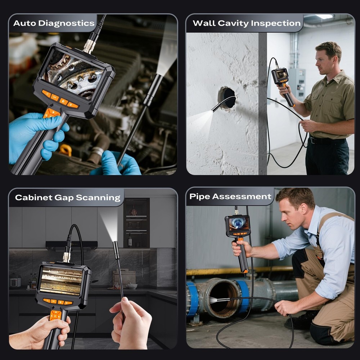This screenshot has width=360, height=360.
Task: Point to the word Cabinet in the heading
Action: point(32,197)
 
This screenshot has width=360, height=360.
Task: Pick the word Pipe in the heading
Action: point(199,197)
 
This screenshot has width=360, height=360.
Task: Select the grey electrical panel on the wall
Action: point(297,84)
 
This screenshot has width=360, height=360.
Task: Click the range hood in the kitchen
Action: point(72,245)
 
